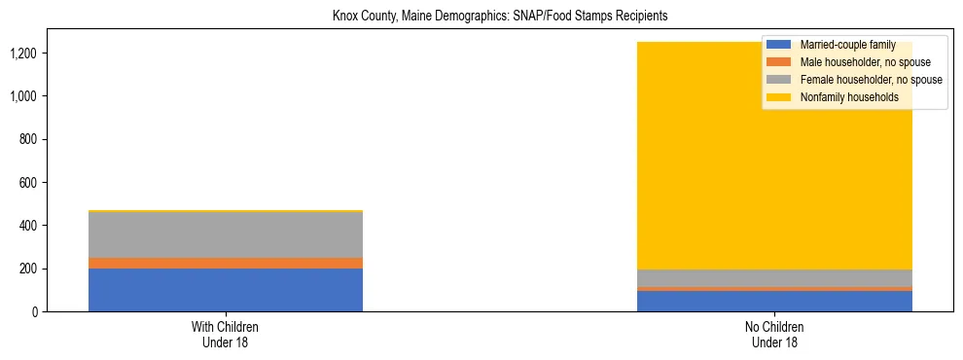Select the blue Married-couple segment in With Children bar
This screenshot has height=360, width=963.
pyautogui.click(x=226, y=290)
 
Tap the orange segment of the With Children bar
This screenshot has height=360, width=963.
pyautogui.click(x=226, y=263)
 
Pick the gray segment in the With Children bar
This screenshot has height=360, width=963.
pyautogui.click(x=226, y=234)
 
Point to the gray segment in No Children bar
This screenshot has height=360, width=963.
pyautogui.click(x=775, y=277)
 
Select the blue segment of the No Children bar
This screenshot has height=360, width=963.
pyautogui.click(x=775, y=301)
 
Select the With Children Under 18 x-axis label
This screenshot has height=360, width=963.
pyautogui.click(x=226, y=334)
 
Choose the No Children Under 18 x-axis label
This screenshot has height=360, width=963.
pyautogui.click(x=775, y=334)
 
